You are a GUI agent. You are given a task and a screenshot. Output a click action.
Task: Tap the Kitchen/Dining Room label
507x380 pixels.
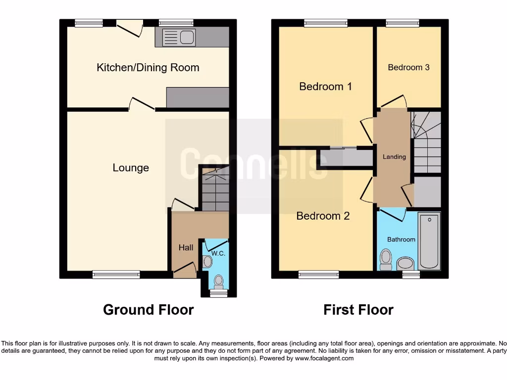tap(148, 68)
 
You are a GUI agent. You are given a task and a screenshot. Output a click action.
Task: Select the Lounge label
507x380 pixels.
tap(131, 168)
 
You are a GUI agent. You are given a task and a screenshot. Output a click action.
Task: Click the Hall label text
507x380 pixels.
tap(186, 247)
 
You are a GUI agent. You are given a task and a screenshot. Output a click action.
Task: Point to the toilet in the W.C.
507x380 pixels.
tap(218, 282)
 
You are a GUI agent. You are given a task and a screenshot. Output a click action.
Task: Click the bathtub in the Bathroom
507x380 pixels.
tap(429, 241)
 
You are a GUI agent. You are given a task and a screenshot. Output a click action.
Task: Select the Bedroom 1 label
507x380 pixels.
tap(325, 87)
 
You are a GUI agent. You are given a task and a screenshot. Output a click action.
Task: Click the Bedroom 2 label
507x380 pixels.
tap(323, 216)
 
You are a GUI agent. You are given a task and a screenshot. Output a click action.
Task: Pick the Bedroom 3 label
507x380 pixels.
tap(408, 67)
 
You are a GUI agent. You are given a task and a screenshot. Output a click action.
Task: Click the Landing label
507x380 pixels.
tap(394, 157)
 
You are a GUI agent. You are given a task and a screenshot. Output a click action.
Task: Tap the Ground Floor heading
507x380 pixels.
tap(148, 310)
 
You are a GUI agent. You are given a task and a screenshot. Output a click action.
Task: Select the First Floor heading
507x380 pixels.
tap(358, 310)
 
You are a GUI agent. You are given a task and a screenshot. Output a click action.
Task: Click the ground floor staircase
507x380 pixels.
tap(215, 190)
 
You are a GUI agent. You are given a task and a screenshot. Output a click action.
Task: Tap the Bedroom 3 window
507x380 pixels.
tap(402, 22)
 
